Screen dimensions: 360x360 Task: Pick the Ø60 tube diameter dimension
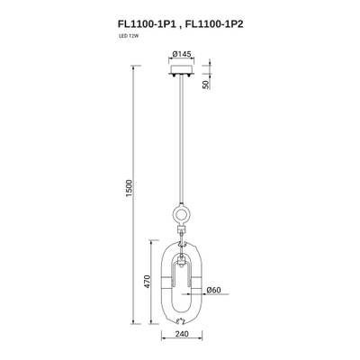(214, 290)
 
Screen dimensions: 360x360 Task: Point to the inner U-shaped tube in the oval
(184, 271)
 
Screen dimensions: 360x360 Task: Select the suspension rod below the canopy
(184, 144)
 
